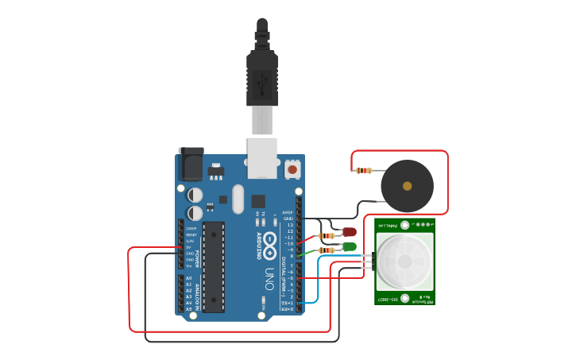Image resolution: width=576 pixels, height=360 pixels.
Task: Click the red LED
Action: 350,232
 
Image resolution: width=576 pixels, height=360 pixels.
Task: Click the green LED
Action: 350,246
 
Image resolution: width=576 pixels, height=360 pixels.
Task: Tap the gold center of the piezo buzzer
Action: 408,186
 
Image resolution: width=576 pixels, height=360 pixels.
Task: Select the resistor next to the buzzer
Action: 364,170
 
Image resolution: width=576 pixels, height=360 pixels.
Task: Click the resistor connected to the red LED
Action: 326,235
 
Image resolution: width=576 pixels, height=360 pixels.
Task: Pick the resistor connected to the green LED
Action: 326,250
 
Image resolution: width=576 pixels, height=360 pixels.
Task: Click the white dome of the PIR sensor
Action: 405,261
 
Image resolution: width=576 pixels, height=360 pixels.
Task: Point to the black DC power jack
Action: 190,165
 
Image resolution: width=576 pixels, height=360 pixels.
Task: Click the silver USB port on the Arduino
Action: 262,157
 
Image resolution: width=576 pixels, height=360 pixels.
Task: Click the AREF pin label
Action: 288,212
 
